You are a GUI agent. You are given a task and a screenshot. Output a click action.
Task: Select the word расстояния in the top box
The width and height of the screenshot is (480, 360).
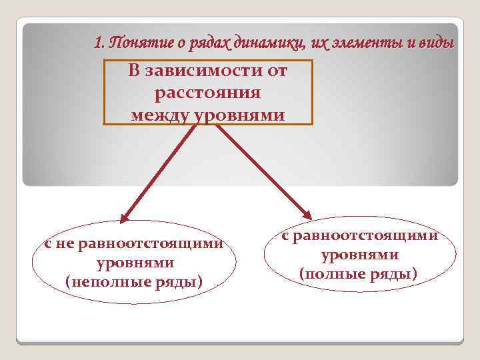point(207,93)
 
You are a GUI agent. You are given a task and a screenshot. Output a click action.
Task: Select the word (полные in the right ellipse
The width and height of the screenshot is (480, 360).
point(331,273)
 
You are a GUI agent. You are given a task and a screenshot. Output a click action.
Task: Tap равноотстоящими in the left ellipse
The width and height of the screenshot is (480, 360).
point(150,243)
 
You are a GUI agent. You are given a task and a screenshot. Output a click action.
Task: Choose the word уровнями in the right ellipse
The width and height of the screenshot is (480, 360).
point(360,255)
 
